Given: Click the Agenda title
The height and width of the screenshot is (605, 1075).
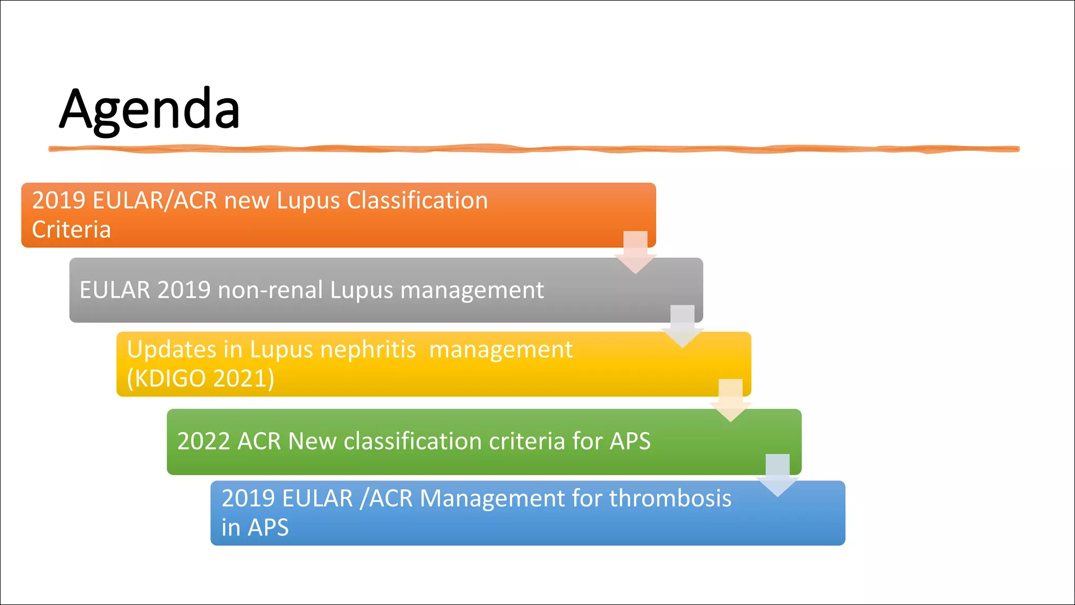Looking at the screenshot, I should click(150, 109).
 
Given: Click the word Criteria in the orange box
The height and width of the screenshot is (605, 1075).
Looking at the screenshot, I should click(71, 230).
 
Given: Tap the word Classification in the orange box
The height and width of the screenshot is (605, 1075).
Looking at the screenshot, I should click(417, 201).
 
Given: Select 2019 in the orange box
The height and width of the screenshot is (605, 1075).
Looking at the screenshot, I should click(59, 201).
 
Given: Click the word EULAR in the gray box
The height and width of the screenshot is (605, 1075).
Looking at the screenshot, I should click(115, 290).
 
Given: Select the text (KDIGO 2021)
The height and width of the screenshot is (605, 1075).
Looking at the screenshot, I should click(201, 378).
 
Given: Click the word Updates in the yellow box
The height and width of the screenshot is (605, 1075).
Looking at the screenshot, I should click(172, 350).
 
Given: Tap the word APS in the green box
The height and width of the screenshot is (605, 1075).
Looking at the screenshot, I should click(630, 441).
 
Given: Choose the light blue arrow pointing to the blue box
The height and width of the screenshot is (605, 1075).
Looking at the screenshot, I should click(777, 476).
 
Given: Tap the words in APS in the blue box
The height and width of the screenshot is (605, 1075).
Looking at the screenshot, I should click(255, 527).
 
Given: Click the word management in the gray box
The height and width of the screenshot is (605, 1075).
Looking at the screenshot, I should click(472, 290).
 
